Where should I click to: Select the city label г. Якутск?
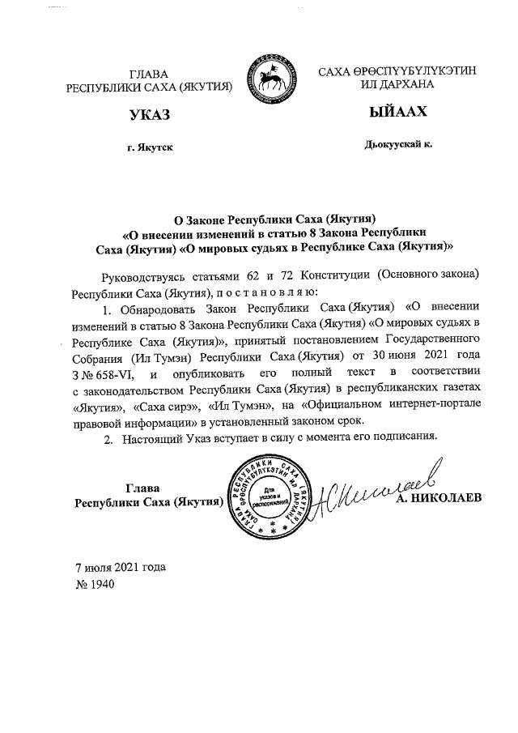(x=145, y=147)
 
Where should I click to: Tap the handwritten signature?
(x=372, y=490)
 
